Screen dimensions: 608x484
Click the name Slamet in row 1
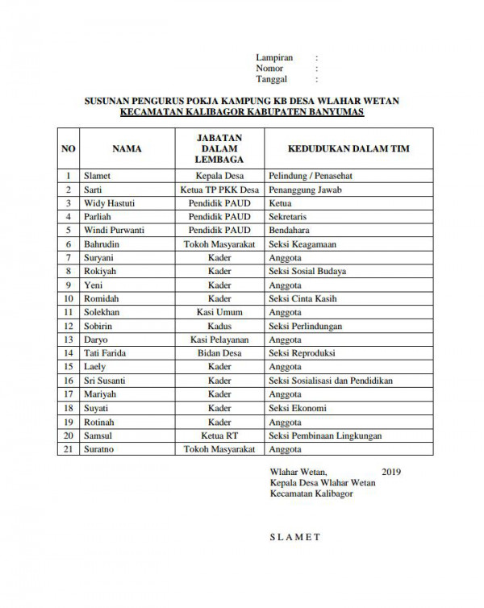pyautogui.click(x=97, y=175)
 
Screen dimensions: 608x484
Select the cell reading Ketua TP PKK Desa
pyautogui.click(x=219, y=189)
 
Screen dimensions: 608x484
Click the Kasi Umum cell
pyautogui.click(x=219, y=312)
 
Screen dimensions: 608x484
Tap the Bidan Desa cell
pyautogui.click(x=219, y=353)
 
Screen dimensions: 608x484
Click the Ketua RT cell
pyautogui.click(x=219, y=435)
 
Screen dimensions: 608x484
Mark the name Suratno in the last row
pyautogui.click(x=99, y=449)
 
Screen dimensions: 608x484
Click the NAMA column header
pyautogui.click(x=127, y=149)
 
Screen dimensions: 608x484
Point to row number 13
pyautogui.click(x=69, y=339)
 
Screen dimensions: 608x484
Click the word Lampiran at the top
pyautogui.click(x=274, y=58)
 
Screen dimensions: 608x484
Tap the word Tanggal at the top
pyautogui.click(x=272, y=80)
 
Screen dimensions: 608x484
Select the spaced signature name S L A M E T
pyautogui.click(x=296, y=537)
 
